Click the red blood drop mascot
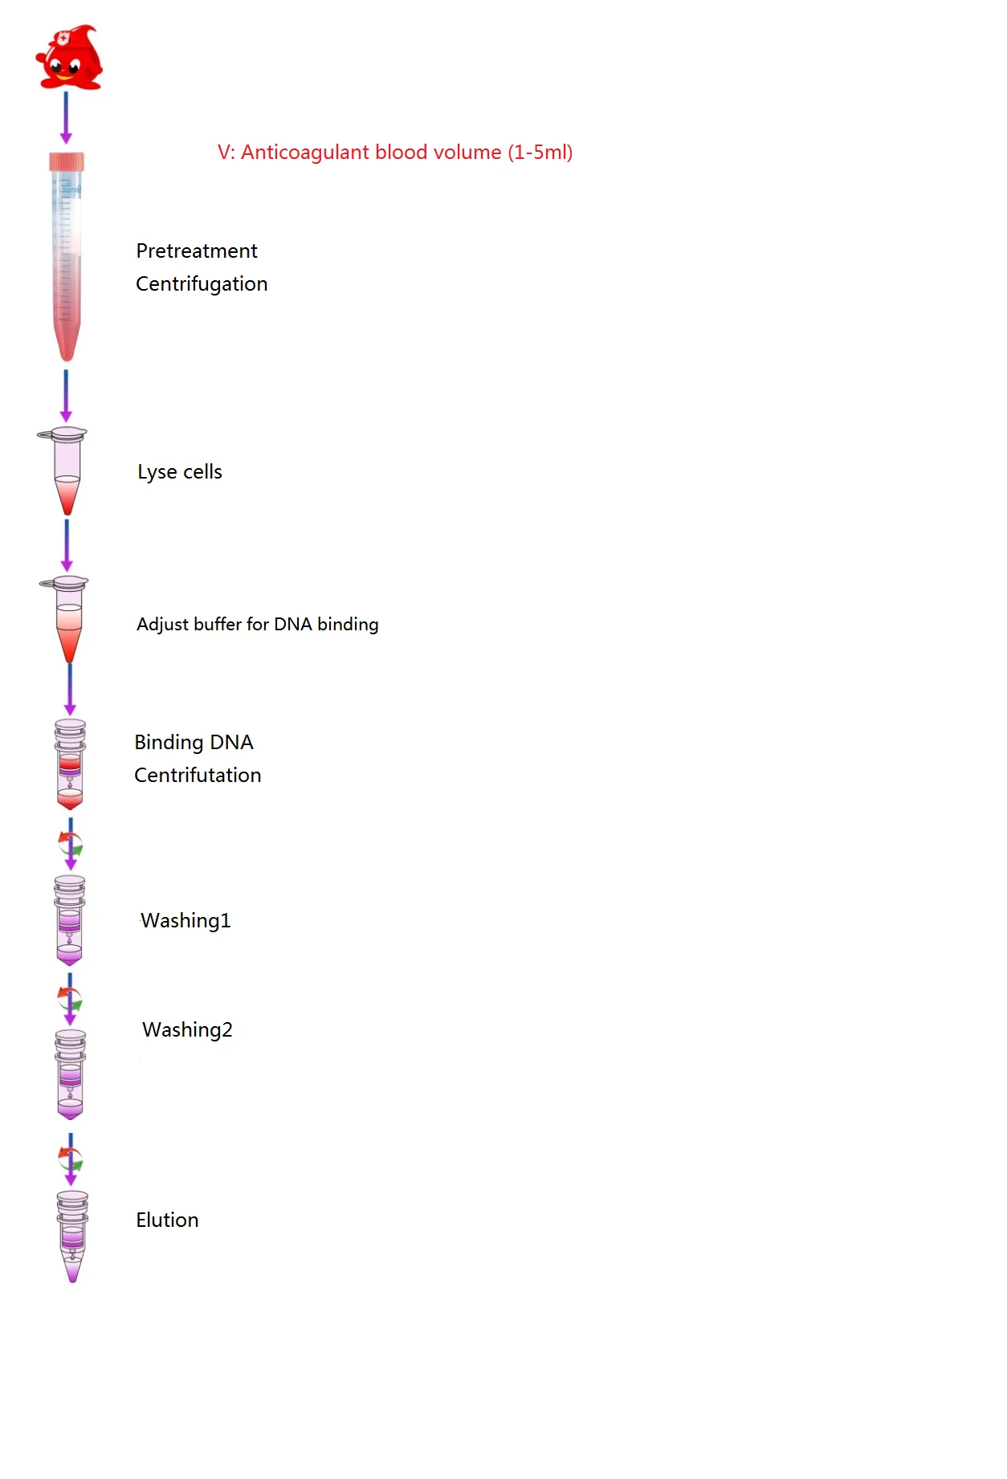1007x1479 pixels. pyautogui.click(x=69, y=58)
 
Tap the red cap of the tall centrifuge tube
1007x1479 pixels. pyautogui.click(x=67, y=161)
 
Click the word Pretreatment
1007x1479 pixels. pyautogui.click(x=197, y=251)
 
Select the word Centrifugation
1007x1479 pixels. pyautogui.click(x=202, y=284)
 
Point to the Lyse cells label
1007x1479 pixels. pyautogui.click(x=180, y=472)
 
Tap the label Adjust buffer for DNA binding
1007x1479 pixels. pyautogui.click(x=257, y=625)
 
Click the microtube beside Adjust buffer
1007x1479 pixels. pyautogui.click(x=68, y=618)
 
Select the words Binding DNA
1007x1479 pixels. pyautogui.click(x=194, y=743)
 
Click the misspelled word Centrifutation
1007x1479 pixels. pyautogui.click(x=198, y=776)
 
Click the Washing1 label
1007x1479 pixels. pyautogui.click(x=185, y=921)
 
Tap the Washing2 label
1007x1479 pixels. pyautogui.click(x=187, y=1030)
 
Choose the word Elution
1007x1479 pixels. pyautogui.click(x=167, y=1220)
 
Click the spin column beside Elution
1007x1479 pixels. pyautogui.click(x=72, y=1237)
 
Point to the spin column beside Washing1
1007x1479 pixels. pyautogui.click(x=70, y=920)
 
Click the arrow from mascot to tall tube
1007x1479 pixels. pyautogui.click(x=66, y=117)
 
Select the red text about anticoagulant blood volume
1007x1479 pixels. pyautogui.click(x=395, y=153)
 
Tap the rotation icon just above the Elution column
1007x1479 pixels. pyautogui.click(x=71, y=1159)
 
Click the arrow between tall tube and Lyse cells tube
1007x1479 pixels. pyautogui.click(x=66, y=396)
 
